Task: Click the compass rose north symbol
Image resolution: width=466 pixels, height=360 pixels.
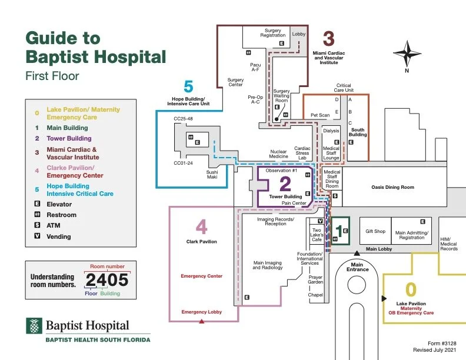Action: (407, 54)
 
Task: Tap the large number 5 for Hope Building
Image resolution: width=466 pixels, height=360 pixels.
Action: (188, 87)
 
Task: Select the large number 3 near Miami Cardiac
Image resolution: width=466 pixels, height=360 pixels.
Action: (328, 39)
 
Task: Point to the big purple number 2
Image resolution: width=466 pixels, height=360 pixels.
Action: (285, 184)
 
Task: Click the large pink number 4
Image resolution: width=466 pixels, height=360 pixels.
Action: (202, 227)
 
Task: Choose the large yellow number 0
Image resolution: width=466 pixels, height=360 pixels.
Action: (411, 290)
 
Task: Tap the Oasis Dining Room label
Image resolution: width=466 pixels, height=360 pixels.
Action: (392, 188)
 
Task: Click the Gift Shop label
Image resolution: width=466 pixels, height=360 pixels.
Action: (375, 231)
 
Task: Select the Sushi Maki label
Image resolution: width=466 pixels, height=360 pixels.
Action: (212, 175)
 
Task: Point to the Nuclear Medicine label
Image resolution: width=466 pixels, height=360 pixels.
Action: (279, 154)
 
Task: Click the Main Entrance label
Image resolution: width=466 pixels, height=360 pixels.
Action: (357, 267)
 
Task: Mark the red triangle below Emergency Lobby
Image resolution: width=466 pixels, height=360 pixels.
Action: (202, 321)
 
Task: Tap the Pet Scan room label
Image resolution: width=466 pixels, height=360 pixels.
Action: (320, 115)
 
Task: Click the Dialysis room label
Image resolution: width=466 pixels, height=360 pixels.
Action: (331, 131)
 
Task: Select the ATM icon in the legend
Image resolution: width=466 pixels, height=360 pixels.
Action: (36, 226)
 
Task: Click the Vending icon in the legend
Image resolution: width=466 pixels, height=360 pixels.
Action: (36, 236)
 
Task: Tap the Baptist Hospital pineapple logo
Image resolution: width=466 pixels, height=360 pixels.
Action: (34, 326)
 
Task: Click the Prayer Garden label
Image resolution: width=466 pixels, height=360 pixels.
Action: (316, 280)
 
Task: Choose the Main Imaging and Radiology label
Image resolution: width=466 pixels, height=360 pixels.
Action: (268, 265)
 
